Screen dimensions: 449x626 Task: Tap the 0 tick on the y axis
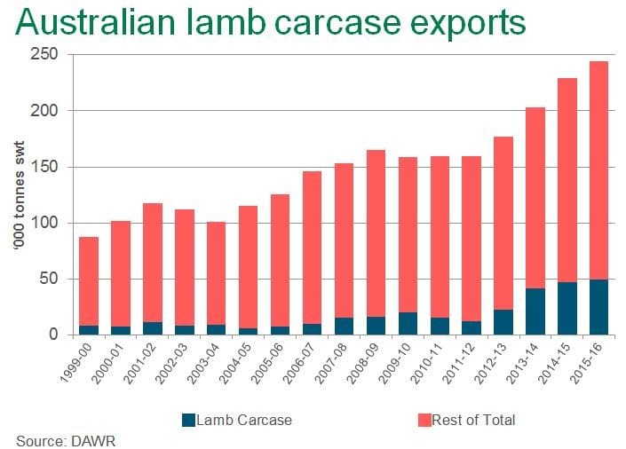[54, 335]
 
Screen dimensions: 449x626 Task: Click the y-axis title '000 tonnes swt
[19, 195]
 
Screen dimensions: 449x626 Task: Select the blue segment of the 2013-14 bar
[535, 311]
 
